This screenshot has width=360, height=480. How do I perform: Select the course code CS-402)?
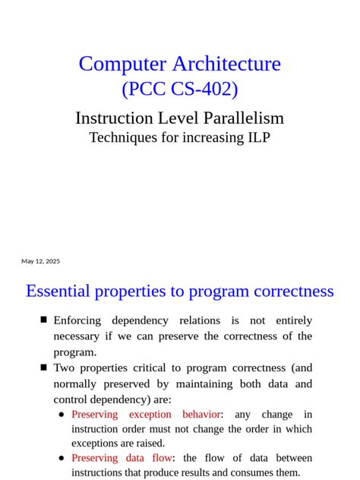coord(205,90)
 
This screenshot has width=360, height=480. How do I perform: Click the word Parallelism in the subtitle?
coord(243,118)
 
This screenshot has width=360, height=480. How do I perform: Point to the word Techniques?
coord(125,138)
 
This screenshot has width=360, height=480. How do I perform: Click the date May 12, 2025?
coord(40,261)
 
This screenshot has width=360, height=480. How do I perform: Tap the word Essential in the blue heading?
coord(58,292)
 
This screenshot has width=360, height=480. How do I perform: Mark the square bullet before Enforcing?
coord(44,320)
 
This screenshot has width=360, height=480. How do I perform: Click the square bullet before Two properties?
coord(44,368)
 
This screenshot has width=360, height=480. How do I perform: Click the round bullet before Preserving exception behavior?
coord(62,415)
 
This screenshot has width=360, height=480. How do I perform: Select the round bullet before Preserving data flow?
coord(62,458)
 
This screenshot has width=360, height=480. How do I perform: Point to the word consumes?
coord(251,472)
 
